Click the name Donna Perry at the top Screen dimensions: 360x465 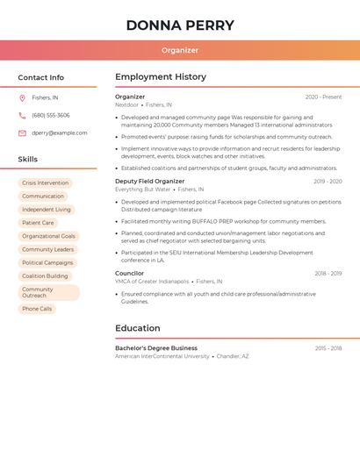180,25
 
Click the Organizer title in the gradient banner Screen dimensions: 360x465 180,50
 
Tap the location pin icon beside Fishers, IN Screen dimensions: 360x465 22,97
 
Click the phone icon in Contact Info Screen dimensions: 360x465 22,115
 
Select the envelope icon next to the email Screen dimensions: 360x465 22,133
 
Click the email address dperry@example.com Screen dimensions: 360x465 60,133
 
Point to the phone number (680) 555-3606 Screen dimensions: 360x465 51,115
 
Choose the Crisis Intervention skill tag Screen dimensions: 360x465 45,183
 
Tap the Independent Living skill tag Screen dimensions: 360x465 47,210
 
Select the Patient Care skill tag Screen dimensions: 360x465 38,223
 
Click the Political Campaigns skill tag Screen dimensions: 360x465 47,262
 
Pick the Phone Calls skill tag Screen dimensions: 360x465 37,309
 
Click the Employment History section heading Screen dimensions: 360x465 161,77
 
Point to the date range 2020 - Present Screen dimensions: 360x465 323,97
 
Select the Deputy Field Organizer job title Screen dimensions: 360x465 150,182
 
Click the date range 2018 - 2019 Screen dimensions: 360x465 328,274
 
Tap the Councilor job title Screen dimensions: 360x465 130,274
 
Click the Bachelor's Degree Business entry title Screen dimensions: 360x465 156,348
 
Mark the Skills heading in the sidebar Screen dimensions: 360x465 28,160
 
